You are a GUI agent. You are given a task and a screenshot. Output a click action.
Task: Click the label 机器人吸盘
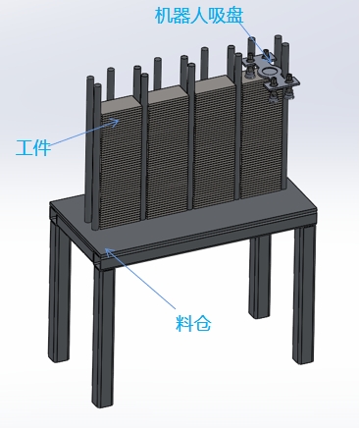[x=199, y=15]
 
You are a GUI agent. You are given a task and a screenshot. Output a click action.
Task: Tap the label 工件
[x=33, y=147]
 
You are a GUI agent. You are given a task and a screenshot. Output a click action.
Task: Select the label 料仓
[x=193, y=323]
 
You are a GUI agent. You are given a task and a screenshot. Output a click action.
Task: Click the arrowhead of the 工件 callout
[x=115, y=122]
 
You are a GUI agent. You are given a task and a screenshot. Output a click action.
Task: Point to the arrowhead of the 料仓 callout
[x=109, y=251]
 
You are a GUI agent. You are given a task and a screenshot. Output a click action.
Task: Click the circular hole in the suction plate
[x=269, y=71]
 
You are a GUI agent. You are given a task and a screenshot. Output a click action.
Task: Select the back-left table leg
[x=60, y=292]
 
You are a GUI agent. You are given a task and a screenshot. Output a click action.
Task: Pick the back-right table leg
[x=260, y=278]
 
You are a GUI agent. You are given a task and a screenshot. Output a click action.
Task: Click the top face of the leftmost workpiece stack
[x=121, y=104]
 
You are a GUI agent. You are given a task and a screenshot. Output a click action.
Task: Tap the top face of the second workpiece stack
[x=167, y=93]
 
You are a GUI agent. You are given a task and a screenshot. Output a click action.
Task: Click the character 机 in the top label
[x=164, y=16]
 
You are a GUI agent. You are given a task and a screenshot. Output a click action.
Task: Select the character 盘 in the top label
[x=234, y=16]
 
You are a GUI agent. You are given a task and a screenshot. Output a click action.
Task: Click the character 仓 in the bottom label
[x=203, y=323]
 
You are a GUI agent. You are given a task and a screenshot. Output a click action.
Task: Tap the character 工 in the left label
[x=25, y=147]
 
